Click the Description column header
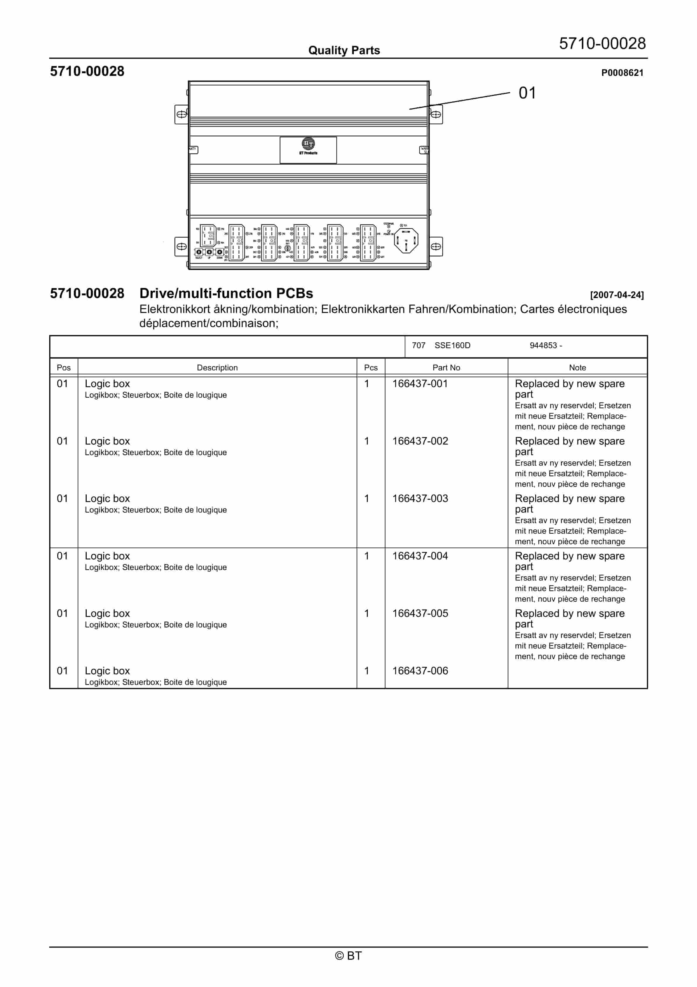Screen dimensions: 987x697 [x=217, y=367]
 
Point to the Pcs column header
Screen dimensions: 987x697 [x=370, y=367]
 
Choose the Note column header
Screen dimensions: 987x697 [x=577, y=367]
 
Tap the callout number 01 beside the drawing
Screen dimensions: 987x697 [x=527, y=93]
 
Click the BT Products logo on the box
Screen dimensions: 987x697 [x=308, y=146]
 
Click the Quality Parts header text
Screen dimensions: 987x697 [x=344, y=50]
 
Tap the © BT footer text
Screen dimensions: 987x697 [x=348, y=956]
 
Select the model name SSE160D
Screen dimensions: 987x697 [x=452, y=346]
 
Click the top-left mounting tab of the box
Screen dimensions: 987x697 [x=181, y=114]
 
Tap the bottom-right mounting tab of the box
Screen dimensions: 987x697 [x=436, y=246]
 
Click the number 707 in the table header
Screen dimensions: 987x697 [x=418, y=346]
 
